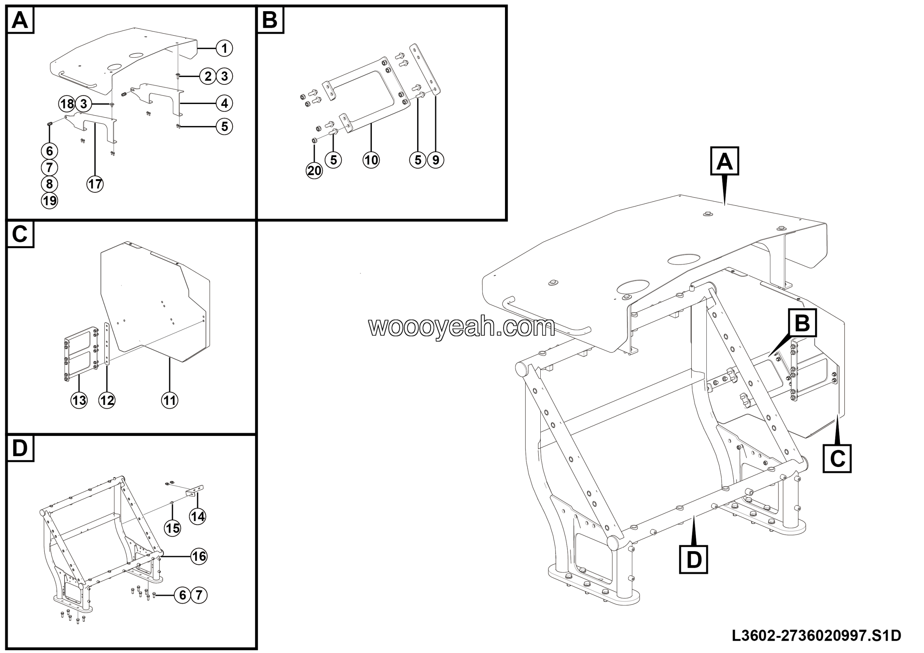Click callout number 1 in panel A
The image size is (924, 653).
[224, 48]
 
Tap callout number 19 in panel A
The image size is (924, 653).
[49, 200]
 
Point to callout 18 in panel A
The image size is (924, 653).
[67, 104]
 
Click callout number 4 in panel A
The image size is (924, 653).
[224, 103]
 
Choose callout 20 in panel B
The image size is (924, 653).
[314, 171]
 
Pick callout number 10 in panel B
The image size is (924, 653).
[371, 160]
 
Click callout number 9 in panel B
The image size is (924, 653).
[435, 160]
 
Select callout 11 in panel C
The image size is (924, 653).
[169, 400]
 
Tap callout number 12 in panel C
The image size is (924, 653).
[106, 400]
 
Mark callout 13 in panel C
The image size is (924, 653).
[79, 400]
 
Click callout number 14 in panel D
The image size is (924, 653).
[197, 516]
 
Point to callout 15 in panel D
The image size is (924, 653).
[173, 528]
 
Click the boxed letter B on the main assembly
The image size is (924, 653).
[802, 323]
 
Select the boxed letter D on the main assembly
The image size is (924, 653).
[693, 559]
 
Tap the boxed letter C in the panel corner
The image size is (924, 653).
[20, 234]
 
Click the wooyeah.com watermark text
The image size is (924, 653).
[462, 327]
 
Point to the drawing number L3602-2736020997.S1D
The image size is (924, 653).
[816, 636]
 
